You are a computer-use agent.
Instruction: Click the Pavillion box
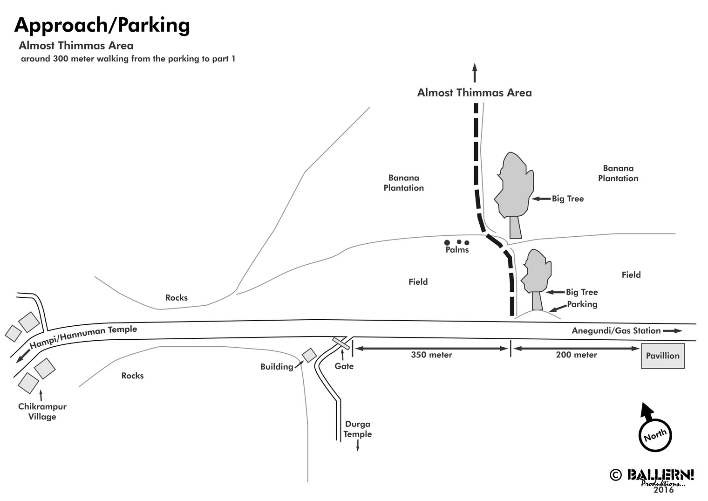click(x=662, y=356)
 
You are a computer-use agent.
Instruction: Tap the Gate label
click(x=344, y=366)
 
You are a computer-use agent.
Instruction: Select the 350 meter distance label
click(x=431, y=355)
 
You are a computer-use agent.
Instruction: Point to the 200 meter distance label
click(x=576, y=355)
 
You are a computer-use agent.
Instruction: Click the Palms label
click(x=457, y=250)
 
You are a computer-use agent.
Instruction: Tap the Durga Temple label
click(x=358, y=429)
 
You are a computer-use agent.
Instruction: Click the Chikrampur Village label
click(x=42, y=412)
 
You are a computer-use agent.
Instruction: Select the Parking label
click(x=582, y=304)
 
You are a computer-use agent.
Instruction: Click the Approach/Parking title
click(x=102, y=25)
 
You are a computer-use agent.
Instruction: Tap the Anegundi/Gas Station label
click(x=616, y=331)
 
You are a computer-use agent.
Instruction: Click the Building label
click(x=277, y=367)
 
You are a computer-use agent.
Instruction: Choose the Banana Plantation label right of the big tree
click(x=618, y=173)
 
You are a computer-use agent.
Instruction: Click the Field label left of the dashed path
click(x=418, y=282)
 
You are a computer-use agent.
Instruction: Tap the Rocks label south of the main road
click(x=132, y=376)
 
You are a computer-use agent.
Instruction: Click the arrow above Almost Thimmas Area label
click(x=475, y=73)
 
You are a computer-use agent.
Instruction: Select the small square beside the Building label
click(x=309, y=356)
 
